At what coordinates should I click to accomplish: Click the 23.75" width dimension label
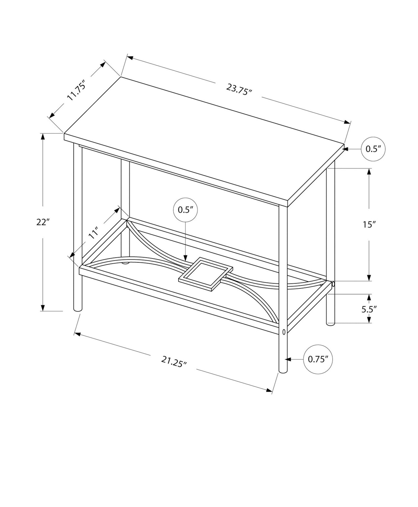(x=239, y=90)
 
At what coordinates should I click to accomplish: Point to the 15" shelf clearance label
(x=370, y=225)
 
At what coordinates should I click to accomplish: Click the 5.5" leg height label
(x=369, y=309)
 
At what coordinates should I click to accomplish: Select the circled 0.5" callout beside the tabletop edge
(x=373, y=149)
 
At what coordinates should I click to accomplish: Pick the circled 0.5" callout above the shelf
(x=186, y=210)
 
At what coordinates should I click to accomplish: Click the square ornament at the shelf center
(x=205, y=274)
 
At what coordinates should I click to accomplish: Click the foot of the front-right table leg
(x=283, y=370)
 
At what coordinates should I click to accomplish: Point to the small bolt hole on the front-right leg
(x=284, y=332)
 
